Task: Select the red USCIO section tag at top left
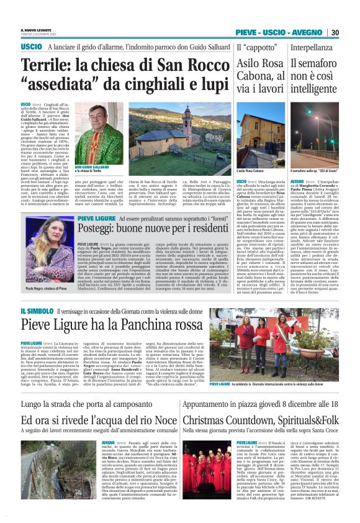[x=30, y=47]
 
